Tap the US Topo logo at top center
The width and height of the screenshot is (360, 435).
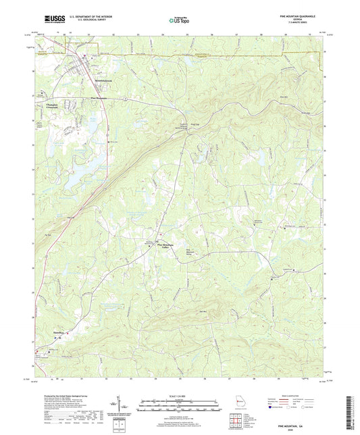(x=179, y=21)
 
